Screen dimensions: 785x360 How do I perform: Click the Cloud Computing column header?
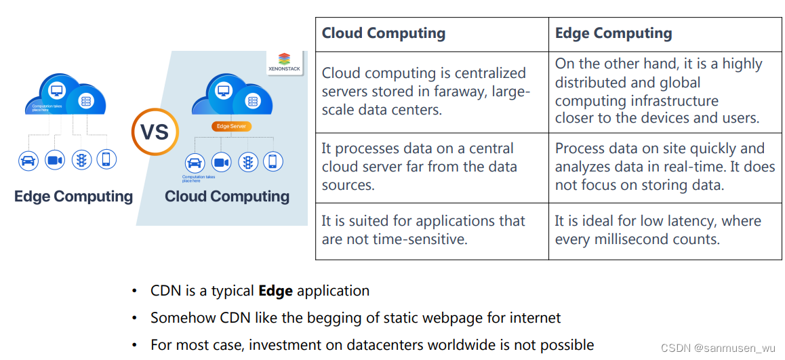coord(384,33)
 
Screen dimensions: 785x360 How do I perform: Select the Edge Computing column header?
coord(613,33)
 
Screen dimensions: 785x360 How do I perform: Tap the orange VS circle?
coord(155,131)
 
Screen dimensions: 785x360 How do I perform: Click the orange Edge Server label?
coord(231,126)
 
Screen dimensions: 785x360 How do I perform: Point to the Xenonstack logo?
coord(284,62)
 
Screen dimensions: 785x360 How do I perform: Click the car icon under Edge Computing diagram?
coord(28,160)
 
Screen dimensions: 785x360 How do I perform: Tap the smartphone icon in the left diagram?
coord(106,160)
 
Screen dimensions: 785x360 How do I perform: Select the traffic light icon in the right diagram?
coord(247,163)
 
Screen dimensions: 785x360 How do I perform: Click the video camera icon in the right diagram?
coord(221,163)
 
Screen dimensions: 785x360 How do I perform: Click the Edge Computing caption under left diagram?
coord(73,197)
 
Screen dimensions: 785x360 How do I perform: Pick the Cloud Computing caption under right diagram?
coord(227,197)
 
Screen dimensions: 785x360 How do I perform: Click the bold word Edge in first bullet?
coord(275,291)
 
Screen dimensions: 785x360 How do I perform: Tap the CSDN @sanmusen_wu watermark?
coord(718,348)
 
